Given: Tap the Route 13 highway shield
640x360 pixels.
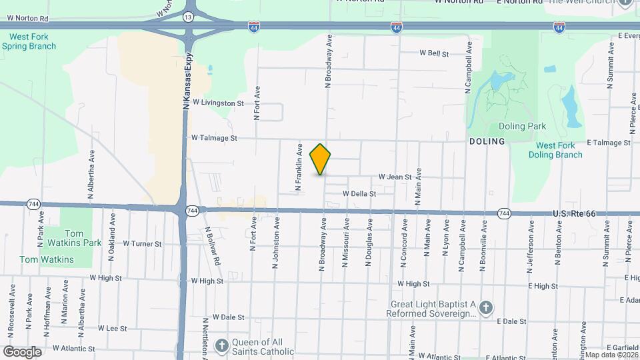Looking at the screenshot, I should (x=189, y=15).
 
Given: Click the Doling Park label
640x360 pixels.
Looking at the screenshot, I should (x=522, y=126).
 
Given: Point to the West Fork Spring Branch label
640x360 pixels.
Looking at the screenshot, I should (x=29, y=42).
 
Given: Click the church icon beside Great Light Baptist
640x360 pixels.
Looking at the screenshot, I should (x=487, y=307).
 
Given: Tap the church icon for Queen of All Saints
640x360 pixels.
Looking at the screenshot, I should (x=223, y=346).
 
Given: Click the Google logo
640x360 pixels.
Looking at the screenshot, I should (x=21, y=352).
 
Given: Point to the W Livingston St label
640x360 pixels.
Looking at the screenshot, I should (x=218, y=103).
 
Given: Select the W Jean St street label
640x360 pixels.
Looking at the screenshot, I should (x=396, y=177).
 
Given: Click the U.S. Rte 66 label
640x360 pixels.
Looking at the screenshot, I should (x=576, y=213).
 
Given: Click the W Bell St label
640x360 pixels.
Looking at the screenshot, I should (x=434, y=53).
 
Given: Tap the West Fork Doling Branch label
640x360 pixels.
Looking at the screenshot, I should (x=555, y=150).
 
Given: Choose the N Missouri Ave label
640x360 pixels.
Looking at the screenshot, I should (x=346, y=248).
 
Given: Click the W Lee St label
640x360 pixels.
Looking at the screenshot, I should (x=112, y=328).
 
